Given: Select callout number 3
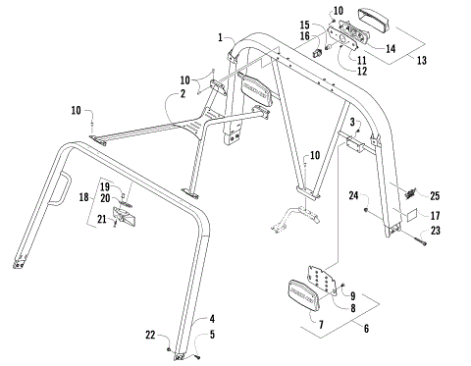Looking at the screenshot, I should (350, 122).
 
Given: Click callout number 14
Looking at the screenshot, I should (391, 47).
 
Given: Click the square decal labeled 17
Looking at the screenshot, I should (410, 213).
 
